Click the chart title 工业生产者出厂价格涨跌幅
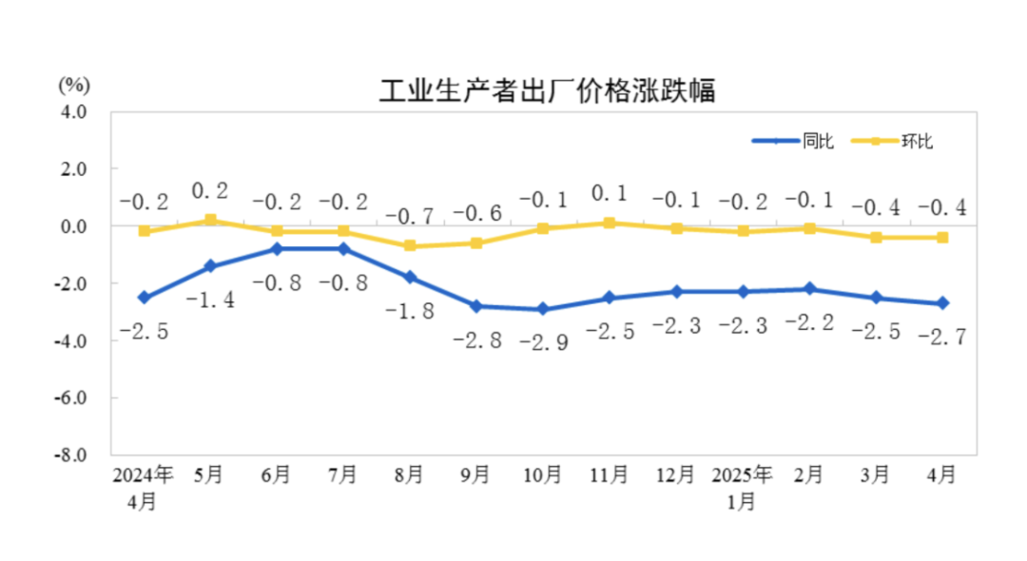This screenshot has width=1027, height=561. pos(547,92)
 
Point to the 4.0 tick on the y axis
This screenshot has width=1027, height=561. pos(74,112)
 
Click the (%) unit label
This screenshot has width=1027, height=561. pos(74,84)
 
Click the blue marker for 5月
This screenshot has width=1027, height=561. pos(210,266)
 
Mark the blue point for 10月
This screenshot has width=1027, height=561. pos(542,309)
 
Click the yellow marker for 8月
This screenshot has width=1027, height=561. pos(410,246)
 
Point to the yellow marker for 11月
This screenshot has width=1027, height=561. pos(609,223)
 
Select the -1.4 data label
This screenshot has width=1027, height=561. pos(210,300)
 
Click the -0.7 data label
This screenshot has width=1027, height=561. pos(410,215)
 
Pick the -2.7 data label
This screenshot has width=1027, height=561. pos(941,337)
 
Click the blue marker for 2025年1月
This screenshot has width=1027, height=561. pos(742,292)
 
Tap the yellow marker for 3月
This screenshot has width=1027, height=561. pos(875,238)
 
